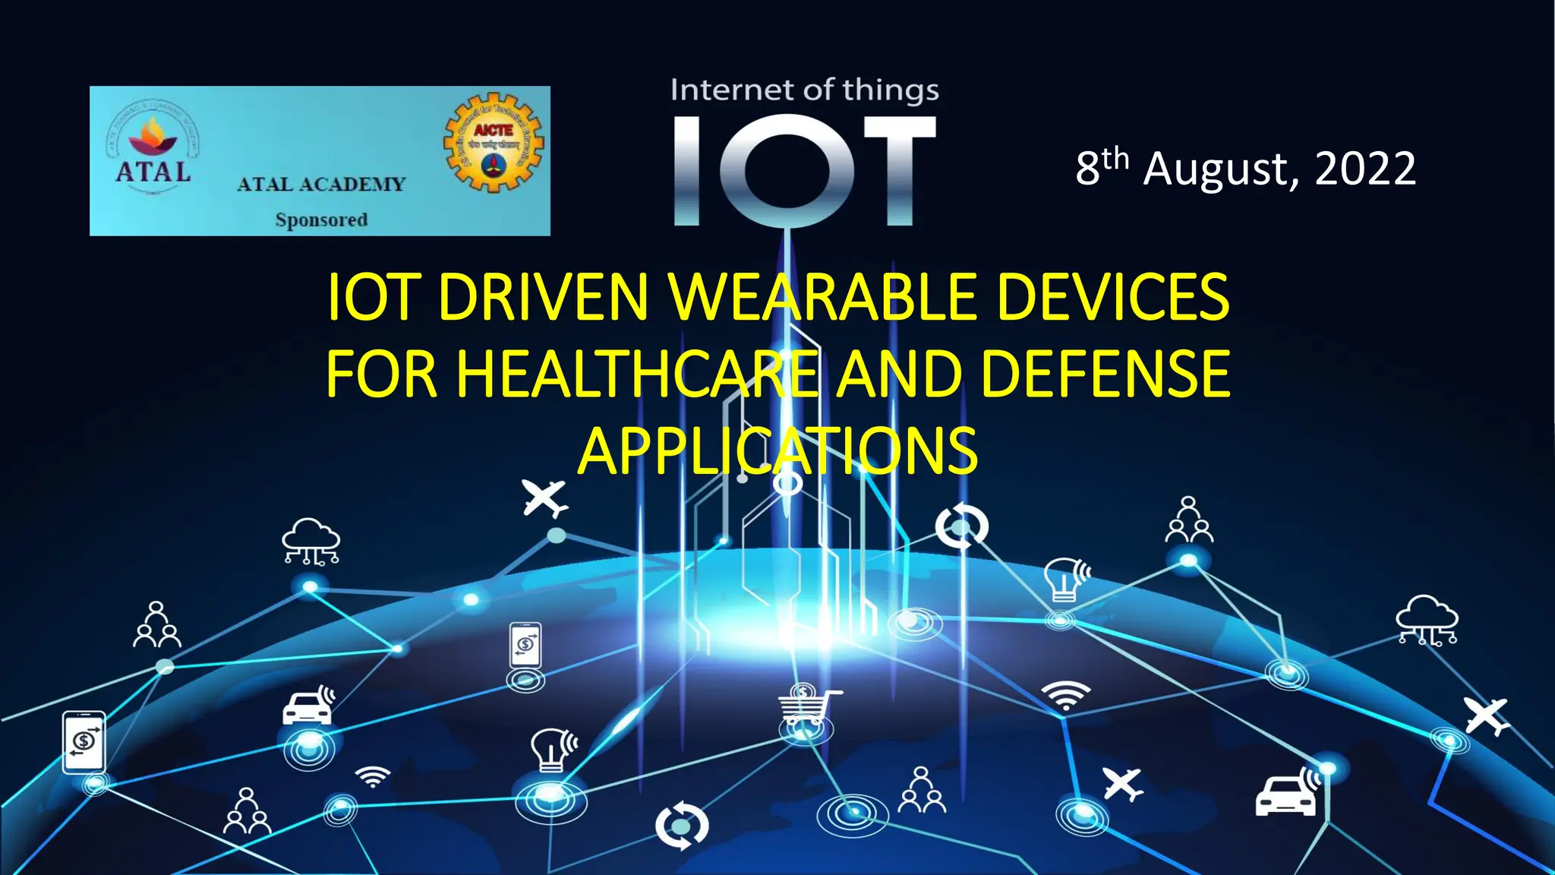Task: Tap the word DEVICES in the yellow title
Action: coord(1112,297)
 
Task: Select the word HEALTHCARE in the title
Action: coord(638,374)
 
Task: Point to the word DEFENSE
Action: coord(1105,374)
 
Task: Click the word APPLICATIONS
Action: coord(777,451)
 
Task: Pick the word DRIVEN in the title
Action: coord(543,297)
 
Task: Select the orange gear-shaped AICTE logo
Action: coord(494,143)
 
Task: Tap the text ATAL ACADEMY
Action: coord(321,185)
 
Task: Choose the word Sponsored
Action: coord(321,220)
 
